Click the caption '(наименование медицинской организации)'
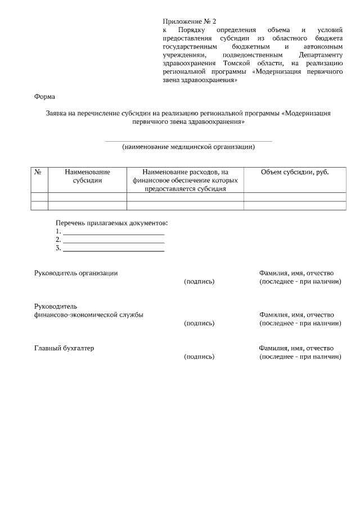pyautogui.click(x=188, y=147)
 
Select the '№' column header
pyautogui.click(x=39, y=172)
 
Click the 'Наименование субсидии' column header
pyautogui.click(x=87, y=176)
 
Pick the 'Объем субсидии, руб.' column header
pyautogui.click(x=295, y=172)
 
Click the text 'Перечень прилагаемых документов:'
pyautogui.click(x=112, y=223)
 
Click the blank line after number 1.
pyautogui.click(x=114, y=232)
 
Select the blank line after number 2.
pyautogui.click(x=114, y=240)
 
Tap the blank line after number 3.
pyautogui.click(x=114, y=249)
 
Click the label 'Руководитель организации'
pyautogui.click(x=76, y=273)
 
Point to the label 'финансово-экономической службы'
pyautogui.click(x=88, y=315)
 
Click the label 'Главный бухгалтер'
pyautogui.click(x=64, y=348)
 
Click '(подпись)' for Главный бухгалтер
pyautogui.click(x=199, y=357)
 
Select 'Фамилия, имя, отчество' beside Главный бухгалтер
pyautogui.click(x=296, y=348)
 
